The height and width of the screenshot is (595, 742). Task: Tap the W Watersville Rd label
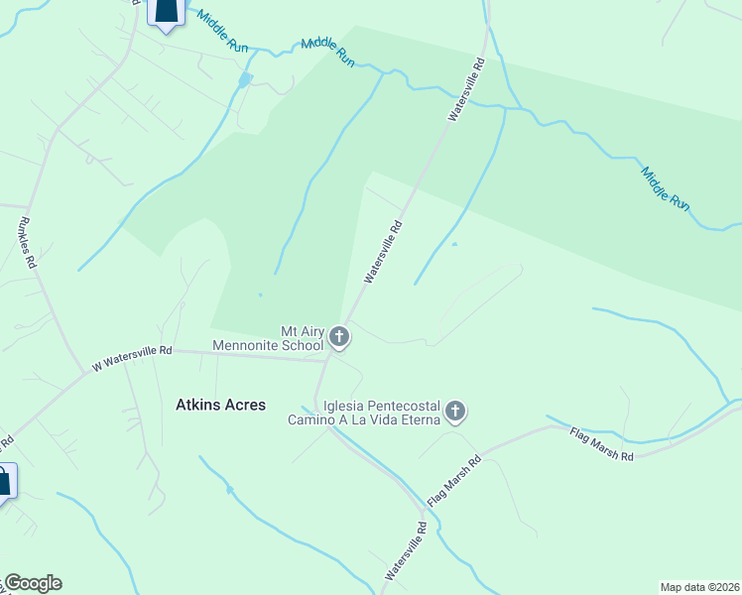[132, 357]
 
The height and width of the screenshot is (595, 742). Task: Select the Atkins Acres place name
[220, 405]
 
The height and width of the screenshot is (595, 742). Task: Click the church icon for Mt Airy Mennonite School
[339, 338]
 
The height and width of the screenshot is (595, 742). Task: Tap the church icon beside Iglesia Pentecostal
[455, 411]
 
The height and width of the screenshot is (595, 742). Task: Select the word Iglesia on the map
[345, 407]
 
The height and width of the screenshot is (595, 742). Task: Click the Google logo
[33, 583]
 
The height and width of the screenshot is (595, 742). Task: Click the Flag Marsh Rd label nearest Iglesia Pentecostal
[454, 482]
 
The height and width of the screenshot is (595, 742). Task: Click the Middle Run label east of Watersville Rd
[664, 187]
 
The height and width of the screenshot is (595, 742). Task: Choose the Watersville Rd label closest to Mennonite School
[383, 252]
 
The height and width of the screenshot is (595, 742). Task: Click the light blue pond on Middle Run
[245, 78]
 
